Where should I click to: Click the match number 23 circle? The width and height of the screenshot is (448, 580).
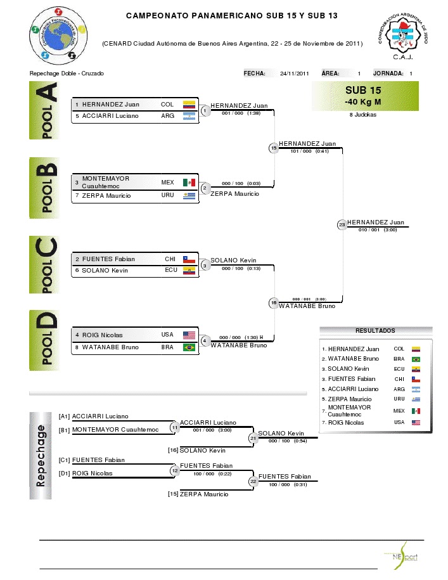(x=342, y=224)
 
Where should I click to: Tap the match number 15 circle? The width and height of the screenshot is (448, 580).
(x=274, y=148)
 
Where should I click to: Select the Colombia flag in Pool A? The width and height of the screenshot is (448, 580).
(x=189, y=105)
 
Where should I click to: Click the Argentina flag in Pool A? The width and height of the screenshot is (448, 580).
(x=189, y=116)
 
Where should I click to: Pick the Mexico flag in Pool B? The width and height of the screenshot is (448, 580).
(x=189, y=183)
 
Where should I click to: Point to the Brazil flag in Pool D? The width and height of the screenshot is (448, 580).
(x=189, y=347)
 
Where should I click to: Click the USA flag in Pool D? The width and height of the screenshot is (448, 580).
(x=189, y=335)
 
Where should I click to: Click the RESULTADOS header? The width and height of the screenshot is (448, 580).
(x=375, y=331)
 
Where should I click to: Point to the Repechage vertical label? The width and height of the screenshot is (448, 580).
(x=41, y=455)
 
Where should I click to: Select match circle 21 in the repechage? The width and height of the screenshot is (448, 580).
(x=253, y=437)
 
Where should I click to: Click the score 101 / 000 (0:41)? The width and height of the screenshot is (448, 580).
(x=310, y=151)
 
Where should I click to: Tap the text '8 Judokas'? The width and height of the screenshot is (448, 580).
(x=362, y=115)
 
